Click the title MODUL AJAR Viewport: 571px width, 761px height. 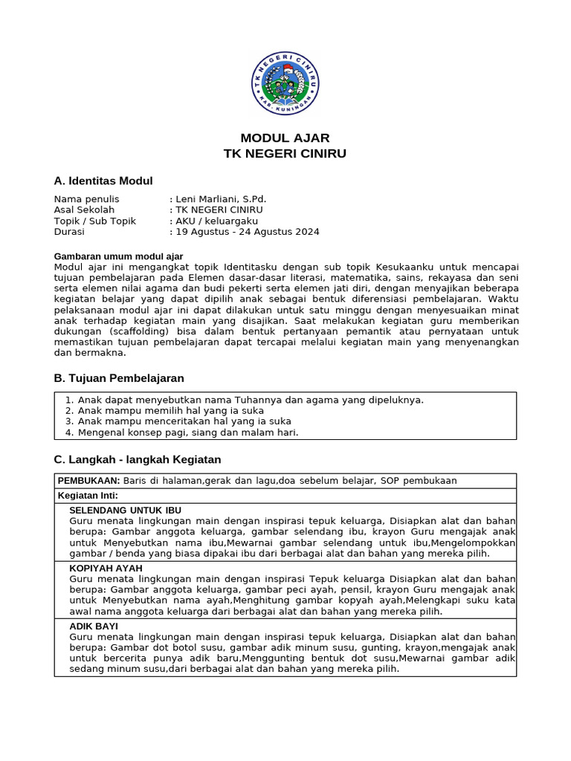(x=285, y=138)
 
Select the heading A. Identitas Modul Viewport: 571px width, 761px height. (x=103, y=181)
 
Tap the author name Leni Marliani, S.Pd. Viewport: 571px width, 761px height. (x=220, y=199)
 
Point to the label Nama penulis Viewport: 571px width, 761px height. (x=86, y=199)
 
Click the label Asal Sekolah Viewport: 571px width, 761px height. (x=84, y=210)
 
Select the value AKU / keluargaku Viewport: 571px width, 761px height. (x=216, y=221)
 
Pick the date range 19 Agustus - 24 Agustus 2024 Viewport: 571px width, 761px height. (x=247, y=231)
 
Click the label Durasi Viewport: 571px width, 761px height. (x=69, y=231)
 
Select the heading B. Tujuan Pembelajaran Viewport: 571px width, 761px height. (x=119, y=378)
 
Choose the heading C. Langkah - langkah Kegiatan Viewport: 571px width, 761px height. (x=138, y=459)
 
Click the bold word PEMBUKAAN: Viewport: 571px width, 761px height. (x=89, y=481)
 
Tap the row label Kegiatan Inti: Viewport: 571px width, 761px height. (x=88, y=496)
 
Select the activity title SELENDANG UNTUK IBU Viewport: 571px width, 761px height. (x=125, y=511)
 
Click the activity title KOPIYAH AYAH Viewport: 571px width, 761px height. (x=106, y=569)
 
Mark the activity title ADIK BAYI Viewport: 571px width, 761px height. (x=94, y=626)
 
